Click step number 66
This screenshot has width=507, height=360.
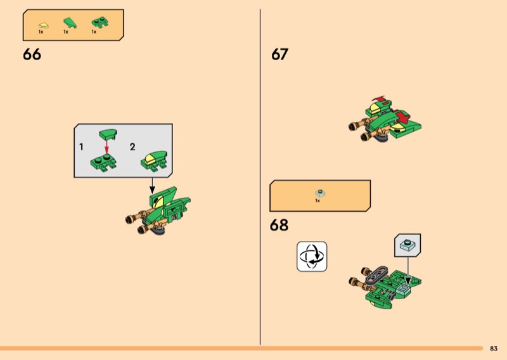(32, 55)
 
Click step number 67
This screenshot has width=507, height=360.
(279, 55)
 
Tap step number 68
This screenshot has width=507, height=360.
(279, 225)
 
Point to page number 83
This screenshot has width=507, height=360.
(494, 349)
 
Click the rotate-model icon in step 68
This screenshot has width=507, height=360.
(312, 257)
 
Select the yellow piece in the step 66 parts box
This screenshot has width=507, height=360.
(43, 25)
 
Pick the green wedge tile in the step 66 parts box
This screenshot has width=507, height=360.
(70, 23)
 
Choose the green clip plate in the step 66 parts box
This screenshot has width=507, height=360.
(100, 22)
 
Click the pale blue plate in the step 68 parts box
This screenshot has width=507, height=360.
(320, 193)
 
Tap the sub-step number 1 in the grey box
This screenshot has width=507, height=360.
(81, 147)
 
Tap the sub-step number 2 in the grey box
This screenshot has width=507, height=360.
(132, 147)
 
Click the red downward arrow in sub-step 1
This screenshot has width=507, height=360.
(106, 147)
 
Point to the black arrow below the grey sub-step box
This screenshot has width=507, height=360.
(152, 186)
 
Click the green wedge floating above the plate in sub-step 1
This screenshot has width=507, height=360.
(108, 134)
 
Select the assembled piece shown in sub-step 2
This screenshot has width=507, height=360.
(154, 160)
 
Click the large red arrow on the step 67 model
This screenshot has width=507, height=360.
(402, 117)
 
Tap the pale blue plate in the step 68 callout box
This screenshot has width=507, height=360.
(408, 245)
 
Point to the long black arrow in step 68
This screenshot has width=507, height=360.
(408, 271)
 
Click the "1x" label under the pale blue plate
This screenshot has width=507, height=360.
(318, 200)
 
